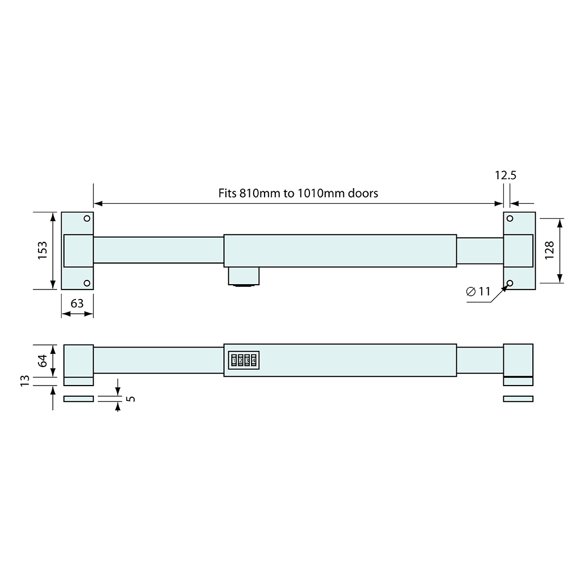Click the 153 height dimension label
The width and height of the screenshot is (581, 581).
pos(43,249)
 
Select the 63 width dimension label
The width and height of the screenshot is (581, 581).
pos(77,303)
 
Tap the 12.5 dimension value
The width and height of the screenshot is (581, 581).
pos(505,175)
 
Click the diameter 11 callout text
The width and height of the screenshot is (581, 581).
pos(479,292)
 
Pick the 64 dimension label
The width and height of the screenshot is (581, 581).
pos(43,361)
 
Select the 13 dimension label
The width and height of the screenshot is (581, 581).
pos(23,381)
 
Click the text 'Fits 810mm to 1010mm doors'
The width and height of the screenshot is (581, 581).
pos(298,193)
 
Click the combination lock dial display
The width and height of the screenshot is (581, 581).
pos(243,361)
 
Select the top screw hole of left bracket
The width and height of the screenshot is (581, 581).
pos(87,218)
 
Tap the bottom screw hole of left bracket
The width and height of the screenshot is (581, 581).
pos(87,284)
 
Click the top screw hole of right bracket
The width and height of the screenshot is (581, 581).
pos(510,218)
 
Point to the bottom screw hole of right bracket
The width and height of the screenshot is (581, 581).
pos(510,283)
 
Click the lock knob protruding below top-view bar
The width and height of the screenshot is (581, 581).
pos(243,277)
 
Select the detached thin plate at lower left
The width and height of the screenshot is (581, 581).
pos(78,399)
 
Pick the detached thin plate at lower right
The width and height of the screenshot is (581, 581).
pos(518,399)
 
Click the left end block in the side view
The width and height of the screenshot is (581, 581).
pos(78,360)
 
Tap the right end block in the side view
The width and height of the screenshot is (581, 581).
pos(518,360)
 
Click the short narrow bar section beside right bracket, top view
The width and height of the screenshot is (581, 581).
pos(480,250)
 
